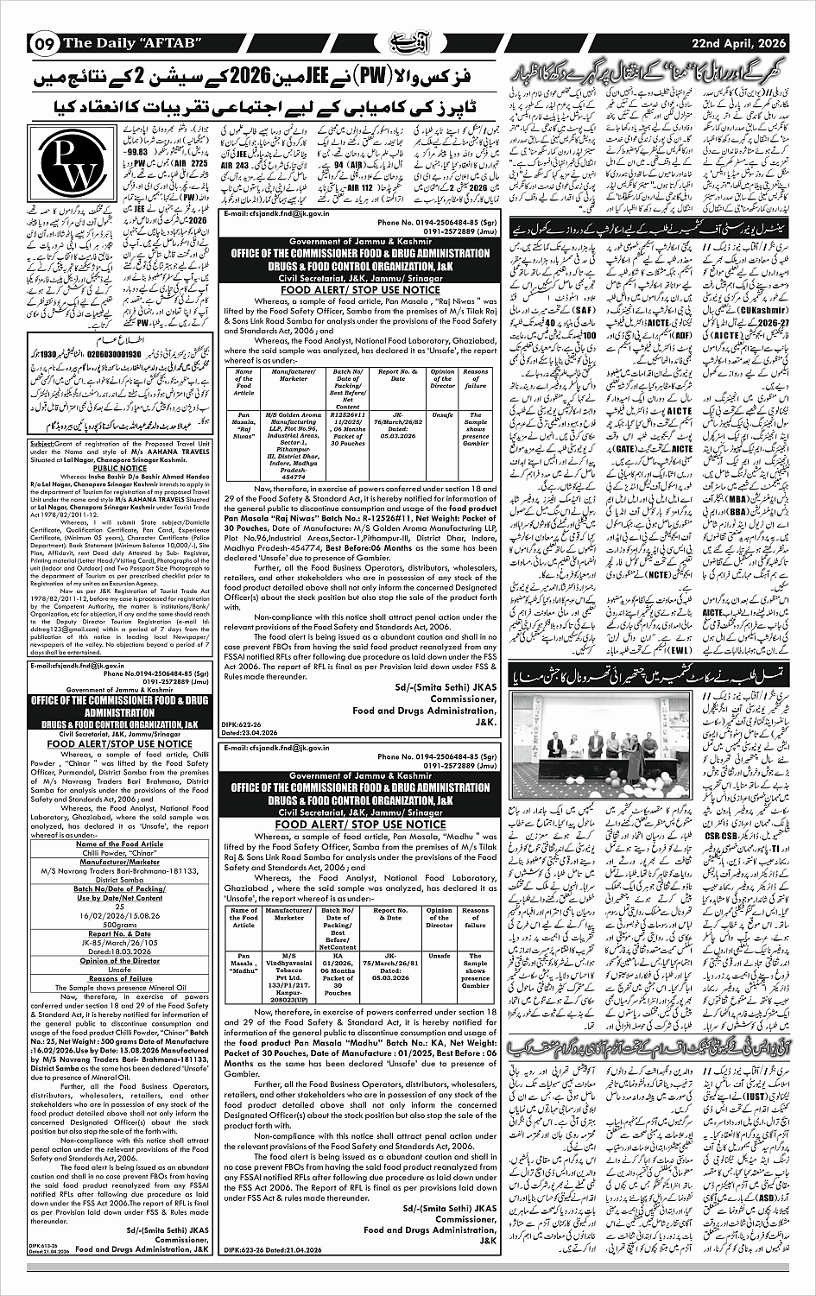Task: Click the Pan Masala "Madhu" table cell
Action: pyautogui.click(x=244, y=964)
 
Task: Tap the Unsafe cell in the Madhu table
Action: pyautogui.click(x=440, y=956)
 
